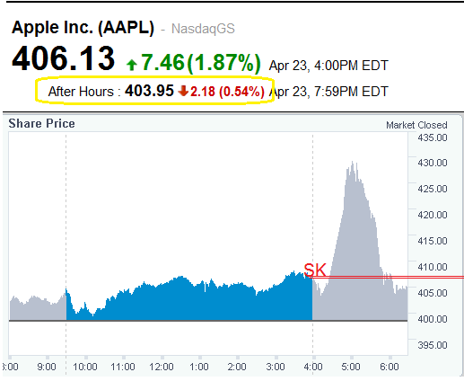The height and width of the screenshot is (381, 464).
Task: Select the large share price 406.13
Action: pyautogui.click(x=63, y=59)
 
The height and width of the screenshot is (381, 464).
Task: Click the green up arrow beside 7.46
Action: pyautogui.click(x=132, y=64)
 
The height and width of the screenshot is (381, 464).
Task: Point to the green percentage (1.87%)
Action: pyautogui.click(x=223, y=63)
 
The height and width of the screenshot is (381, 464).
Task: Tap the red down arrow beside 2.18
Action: pyautogui.click(x=183, y=91)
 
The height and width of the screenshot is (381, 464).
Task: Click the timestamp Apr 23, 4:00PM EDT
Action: pyautogui.click(x=328, y=66)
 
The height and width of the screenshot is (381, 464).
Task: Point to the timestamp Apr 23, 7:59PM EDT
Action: pyautogui.click(x=328, y=92)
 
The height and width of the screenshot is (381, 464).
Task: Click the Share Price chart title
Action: pyautogui.click(x=41, y=123)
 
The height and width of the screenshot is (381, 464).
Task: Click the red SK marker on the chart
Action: pyautogui.click(x=315, y=269)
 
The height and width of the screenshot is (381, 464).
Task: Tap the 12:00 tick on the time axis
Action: pyautogui.click(x=161, y=367)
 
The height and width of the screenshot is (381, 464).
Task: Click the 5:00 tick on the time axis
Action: pyautogui.click(x=350, y=367)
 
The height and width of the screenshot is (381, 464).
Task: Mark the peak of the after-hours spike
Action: pyautogui.click(x=353, y=163)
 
